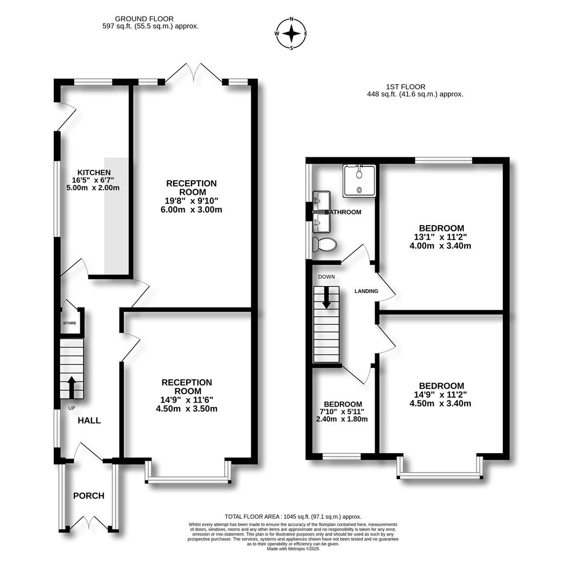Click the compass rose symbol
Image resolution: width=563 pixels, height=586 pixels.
[x=291, y=33]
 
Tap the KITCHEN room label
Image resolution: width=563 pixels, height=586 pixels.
[x=94, y=173]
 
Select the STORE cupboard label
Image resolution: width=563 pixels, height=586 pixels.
[x=69, y=323]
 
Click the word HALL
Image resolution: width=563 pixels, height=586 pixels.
[x=89, y=421]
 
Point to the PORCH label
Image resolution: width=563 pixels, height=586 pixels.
[x=88, y=495]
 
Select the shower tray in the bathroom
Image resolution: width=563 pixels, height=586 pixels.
[x=359, y=181]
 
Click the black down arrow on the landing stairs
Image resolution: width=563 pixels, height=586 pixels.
[x=326, y=297]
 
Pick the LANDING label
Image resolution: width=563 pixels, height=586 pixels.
[x=366, y=291]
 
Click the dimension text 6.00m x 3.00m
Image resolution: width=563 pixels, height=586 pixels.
[x=192, y=209]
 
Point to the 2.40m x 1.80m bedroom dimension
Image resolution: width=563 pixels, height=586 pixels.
[x=342, y=419]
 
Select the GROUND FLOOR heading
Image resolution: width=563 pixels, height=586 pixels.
[x=144, y=18]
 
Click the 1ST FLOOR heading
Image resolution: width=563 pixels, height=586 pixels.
[x=406, y=87]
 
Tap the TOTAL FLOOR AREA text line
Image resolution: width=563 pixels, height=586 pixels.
[x=293, y=517]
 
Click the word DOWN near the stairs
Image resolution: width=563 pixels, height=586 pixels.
[x=326, y=277]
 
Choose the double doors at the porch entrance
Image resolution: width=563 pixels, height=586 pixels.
[x=89, y=523]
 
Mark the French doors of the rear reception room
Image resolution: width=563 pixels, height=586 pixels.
[x=194, y=72]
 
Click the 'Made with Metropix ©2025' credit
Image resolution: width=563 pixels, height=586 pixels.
[x=293, y=549]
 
